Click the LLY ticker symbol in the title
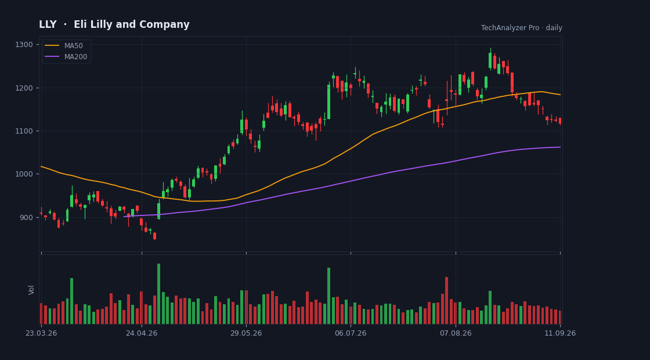[x=48, y=24]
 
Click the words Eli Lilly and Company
[x=131, y=25]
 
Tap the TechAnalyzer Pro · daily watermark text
[x=522, y=28]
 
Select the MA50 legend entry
[x=66, y=46]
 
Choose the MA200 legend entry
[x=66, y=57]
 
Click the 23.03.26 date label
[x=41, y=333]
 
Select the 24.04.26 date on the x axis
[x=142, y=333]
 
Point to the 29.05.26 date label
[x=246, y=333]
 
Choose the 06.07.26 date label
[x=351, y=333]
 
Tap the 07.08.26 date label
[x=456, y=333]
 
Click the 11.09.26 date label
[x=560, y=333]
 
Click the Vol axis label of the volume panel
[x=31, y=290]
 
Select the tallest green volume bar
[x=159, y=294]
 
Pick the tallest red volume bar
[x=446, y=300]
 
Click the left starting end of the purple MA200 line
[x=124, y=217]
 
